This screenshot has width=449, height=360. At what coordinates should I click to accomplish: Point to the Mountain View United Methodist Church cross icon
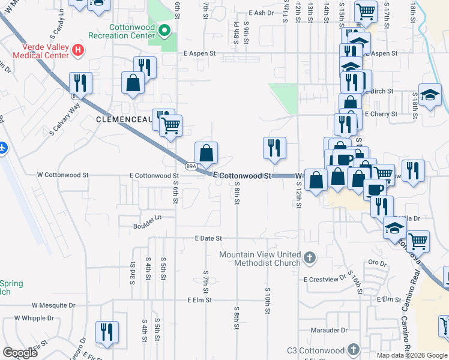click(309, 258)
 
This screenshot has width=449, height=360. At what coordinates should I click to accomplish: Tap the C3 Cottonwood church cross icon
click(354, 350)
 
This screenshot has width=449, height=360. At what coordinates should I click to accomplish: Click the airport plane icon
click(4, 147)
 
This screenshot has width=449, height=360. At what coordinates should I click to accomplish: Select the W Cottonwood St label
click(62, 175)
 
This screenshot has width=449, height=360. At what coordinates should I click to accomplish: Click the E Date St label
click(208, 238)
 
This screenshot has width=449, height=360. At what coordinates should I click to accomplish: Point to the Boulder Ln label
click(148, 226)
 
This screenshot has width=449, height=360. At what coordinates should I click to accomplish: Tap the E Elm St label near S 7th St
click(200, 299)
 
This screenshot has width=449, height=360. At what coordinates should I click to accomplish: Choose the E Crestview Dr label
click(325, 280)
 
